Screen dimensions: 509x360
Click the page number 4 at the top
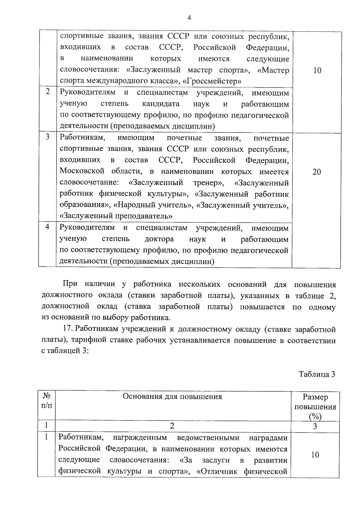189,18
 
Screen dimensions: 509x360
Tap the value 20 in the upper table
316,172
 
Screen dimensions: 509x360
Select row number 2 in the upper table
48,92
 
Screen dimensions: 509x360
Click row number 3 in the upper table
47,137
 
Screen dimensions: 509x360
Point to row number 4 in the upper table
47,227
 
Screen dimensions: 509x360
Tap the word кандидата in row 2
161,104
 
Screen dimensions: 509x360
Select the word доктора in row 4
159,239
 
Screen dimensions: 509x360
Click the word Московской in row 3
82,171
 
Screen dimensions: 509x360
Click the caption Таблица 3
316,374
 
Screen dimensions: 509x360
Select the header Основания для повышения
172,397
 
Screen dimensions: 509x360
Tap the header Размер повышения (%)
315,407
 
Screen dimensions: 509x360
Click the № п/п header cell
46,401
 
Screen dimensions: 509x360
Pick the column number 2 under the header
172,426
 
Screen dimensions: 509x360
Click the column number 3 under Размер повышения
315,426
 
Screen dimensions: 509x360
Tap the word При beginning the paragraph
70,284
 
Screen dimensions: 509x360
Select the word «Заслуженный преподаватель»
116,216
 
